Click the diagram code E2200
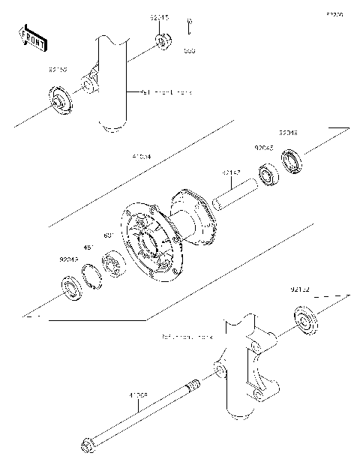[334, 14]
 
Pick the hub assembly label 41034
[141, 157]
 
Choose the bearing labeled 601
[114, 264]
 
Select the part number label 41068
[138, 393]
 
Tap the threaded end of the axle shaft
[193, 385]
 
